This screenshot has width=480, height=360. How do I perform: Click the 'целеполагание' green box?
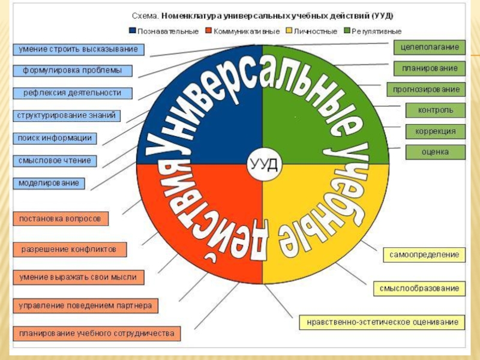tap(429, 47)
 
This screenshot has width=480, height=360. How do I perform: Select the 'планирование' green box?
tap(429, 68)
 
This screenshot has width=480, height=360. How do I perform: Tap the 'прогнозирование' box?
tap(426, 89)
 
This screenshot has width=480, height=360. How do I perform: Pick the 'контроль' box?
tap(435, 110)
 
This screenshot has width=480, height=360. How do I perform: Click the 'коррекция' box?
tap(435, 131)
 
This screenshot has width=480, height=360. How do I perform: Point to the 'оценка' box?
tap(435, 152)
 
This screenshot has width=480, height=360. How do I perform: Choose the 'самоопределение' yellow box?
tap(424, 255)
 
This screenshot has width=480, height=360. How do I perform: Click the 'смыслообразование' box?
tap(419, 289)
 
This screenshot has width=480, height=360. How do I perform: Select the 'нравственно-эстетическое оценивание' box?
tap(382, 322)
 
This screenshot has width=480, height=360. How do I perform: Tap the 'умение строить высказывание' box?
tap(79, 49)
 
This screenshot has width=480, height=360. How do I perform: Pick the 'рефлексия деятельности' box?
tap(73, 93)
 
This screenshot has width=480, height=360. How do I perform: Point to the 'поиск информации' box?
tap(55, 138)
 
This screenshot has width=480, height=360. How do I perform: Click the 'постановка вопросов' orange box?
tap(61, 218)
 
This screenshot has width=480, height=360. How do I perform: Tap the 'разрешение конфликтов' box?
tap(70, 248)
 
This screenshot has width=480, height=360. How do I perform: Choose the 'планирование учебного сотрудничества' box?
tap(96, 333)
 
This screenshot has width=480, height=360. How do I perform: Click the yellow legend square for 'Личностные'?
tap(287, 30)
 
